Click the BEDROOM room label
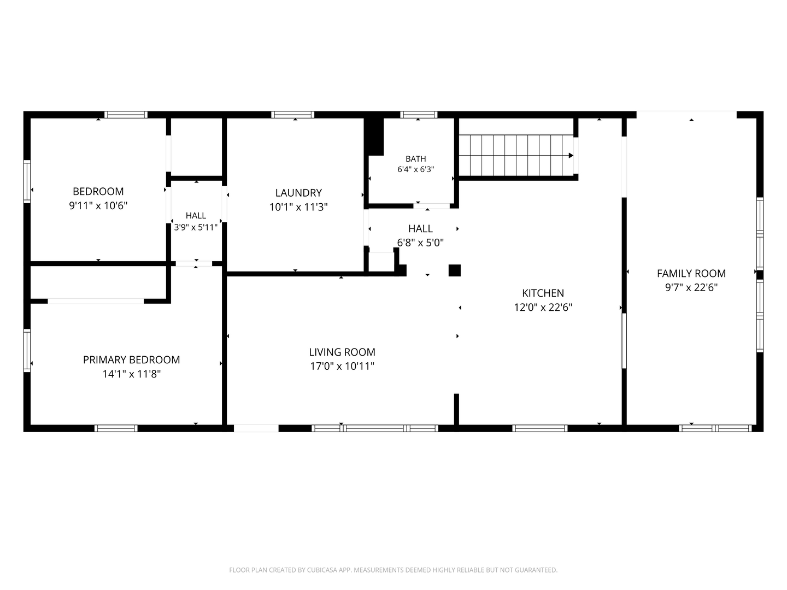click(x=98, y=192)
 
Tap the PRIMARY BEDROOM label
click(x=132, y=360)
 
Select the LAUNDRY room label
click(x=298, y=193)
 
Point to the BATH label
click(x=416, y=158)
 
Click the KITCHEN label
click(x=543, y=293)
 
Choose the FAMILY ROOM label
click(x=691, y=274)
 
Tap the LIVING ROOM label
click(x=342, y=352)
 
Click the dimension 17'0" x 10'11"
click(x=342, y=367)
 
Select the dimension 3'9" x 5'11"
click(x=196, y=227)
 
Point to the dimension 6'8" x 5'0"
click(x=420, y=243)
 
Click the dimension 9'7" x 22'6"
click(x=691, y=288)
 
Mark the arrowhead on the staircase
click(x=571, y=156)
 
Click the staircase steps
click(x=516, y=156)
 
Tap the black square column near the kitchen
click(x=455, y=270)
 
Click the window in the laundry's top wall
click(x=292, y=115)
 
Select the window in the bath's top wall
click(x=419, y=115)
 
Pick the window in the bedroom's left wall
click(x=27, y=181)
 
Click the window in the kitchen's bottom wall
click(x=539, y=428)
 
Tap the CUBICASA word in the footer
click(x=322, y=570)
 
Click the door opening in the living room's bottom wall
click(x=256, y=428)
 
